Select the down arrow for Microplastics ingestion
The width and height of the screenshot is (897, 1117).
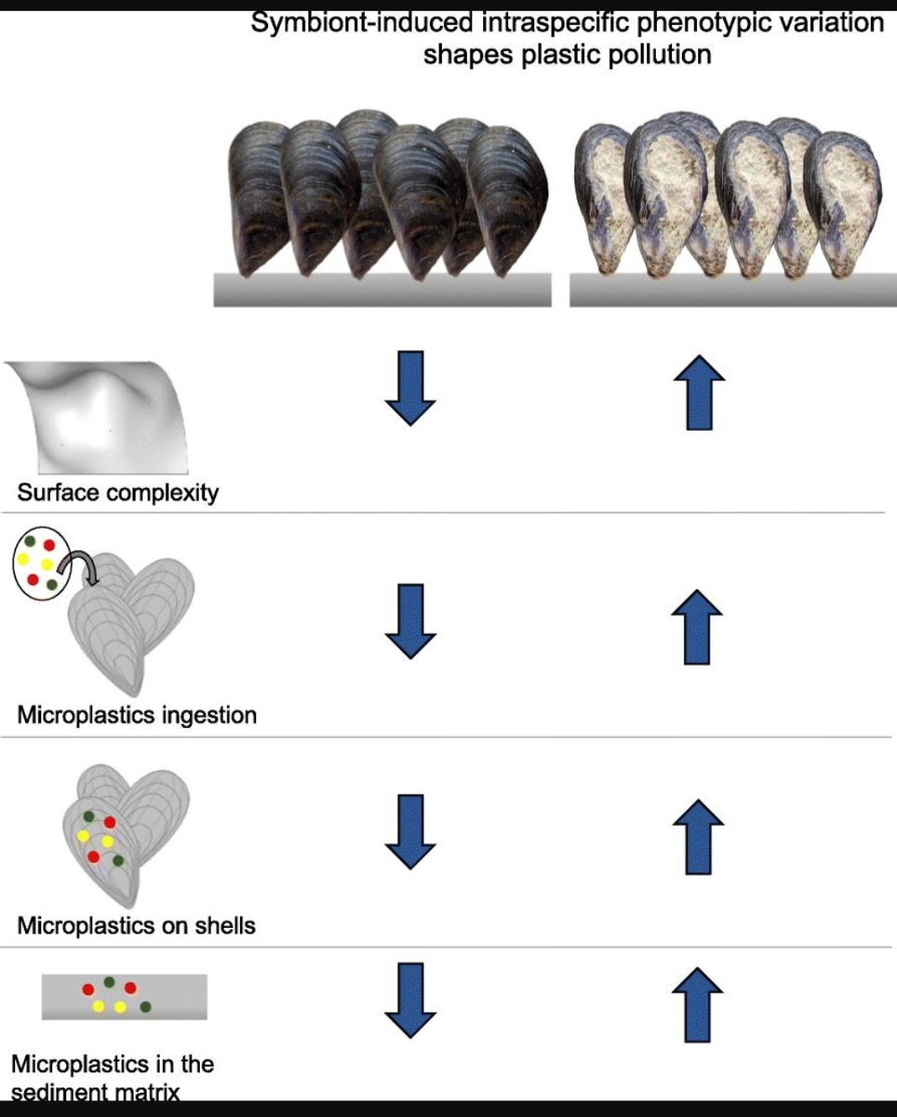pos(409,621)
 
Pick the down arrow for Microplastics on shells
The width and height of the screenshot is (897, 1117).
pos(409,831)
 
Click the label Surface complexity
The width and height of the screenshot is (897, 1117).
pos(117,491)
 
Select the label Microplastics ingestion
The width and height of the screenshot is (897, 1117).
pos(136,716)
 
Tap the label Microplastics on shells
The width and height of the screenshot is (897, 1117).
pos(136,925)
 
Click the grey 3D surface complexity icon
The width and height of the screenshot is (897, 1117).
pos(98,415)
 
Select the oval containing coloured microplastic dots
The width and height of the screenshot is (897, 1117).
pos(42,561)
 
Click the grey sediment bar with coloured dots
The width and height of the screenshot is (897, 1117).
pos(124,997)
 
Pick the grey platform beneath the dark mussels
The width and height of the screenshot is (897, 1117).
pos(382,290)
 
